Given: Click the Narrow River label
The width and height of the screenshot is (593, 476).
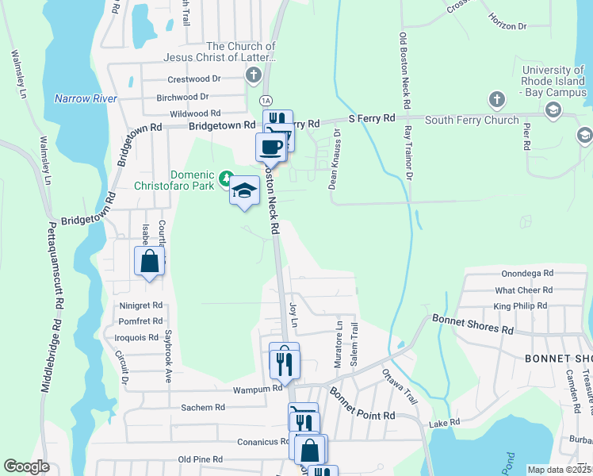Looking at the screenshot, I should pyautogui.click(x=86, y=98).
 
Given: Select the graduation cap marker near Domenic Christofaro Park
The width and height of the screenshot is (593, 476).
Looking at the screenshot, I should pyautogui.click(x=245, y=190).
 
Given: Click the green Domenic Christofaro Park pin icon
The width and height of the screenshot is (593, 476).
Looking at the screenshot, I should pyautogui.click(x=227, y=176).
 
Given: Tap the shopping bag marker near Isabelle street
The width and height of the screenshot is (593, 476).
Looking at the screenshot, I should pyautogui.click(x=149, y=260).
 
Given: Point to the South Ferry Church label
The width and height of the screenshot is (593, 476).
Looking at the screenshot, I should pyautogui.click(x=472, y=121).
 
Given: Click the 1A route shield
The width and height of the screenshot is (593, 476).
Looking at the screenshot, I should pyautogui.click(x=266, y=100).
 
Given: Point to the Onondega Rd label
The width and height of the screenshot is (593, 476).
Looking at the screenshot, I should pyautogui.click(x=527, y=273).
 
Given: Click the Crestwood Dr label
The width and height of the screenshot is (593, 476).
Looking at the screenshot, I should pyautogui.click(x=194, y=79).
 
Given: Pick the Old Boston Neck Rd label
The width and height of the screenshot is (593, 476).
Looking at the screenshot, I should pyautogui.click(x=406, y=71).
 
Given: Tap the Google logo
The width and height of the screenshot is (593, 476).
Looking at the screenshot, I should pyautogui.click(x=27, y=466).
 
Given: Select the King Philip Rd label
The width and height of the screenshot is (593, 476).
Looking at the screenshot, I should pyautogui.click(x=520, y=305).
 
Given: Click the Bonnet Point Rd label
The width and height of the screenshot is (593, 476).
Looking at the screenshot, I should pyautogui.click(x=362, y=404).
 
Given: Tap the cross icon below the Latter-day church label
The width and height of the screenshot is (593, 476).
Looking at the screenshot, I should pyautogui.click(x=253, y=76).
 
